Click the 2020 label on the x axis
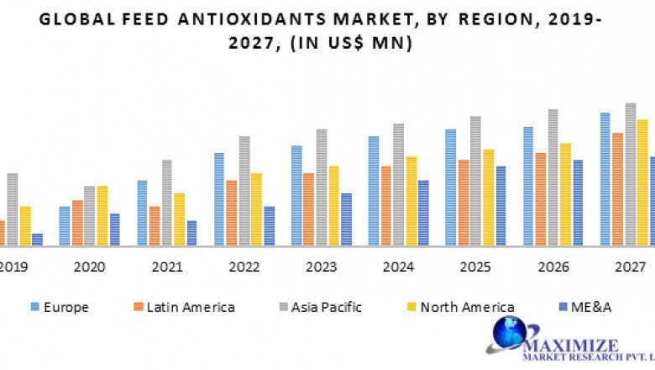pos(90,267)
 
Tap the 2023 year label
pos(321,267)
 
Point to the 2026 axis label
pos(553,267)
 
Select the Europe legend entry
pos(60,307)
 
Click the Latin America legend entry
pos(182,307)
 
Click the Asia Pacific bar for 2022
pos(244,191)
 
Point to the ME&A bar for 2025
pos(500,206)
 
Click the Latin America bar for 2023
pos(308,209)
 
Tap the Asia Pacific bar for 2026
pos(553,177)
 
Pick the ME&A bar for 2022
pos(269,226)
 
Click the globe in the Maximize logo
pos(509,334)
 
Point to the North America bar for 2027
pos(642,182)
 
